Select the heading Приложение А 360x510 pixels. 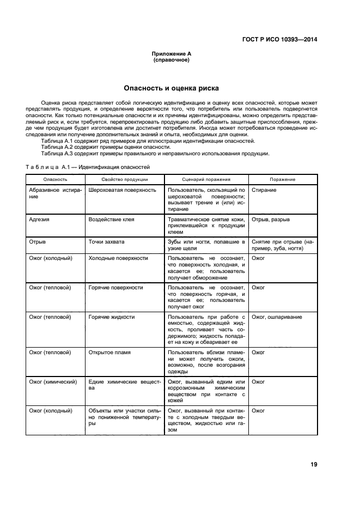[171, 54]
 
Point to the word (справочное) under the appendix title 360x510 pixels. [171, 60]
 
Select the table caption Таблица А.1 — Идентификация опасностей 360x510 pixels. [88, 167]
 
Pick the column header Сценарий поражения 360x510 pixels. [206, 179]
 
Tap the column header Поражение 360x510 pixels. [283, 179]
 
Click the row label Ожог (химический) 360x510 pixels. [53, 382]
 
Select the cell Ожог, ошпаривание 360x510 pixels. [277, 317]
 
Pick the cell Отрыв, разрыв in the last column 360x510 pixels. [271, 220]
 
